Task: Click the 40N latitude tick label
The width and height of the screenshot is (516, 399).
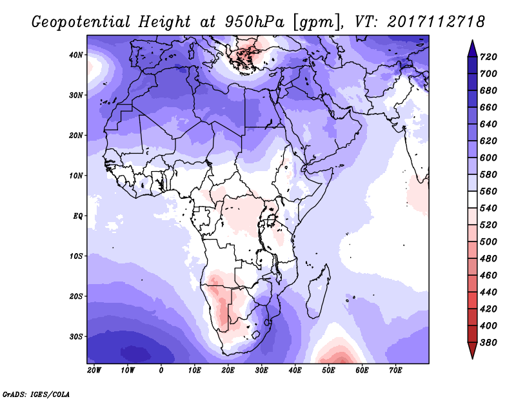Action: click(x=76, y=55)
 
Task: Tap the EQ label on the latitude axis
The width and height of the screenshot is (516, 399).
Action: click(x=78, y=216)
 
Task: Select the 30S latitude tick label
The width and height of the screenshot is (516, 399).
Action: click(x=76, y=337)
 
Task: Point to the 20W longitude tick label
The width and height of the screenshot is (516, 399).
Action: click(x=94, y=371)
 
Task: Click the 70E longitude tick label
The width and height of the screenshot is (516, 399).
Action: click(x=395, y=371)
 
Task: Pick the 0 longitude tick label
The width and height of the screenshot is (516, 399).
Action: click(x=161, y=371)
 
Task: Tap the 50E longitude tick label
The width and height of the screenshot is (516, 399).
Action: click(x=328, y=371)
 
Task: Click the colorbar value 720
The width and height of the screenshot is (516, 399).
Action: click(x=488, y=57)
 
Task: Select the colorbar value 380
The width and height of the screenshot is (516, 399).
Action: click(x=488, y=343)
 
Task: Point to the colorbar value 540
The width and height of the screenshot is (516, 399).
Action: click(x=488, y=209)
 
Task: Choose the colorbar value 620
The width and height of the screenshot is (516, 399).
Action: click(x=488, y=141)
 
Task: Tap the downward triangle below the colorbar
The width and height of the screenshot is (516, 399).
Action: click(x=472, y=350)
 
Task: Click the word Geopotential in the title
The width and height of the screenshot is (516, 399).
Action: click(x=81, y=22)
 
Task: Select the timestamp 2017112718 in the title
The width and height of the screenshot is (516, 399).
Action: click(x=437, y=22)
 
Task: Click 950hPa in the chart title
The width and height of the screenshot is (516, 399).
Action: click(x=254, y=22)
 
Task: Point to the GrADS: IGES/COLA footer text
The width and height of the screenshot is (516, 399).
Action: click(x=36, y=394)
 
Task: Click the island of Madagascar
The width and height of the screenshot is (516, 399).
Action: click(x=318, y=292)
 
